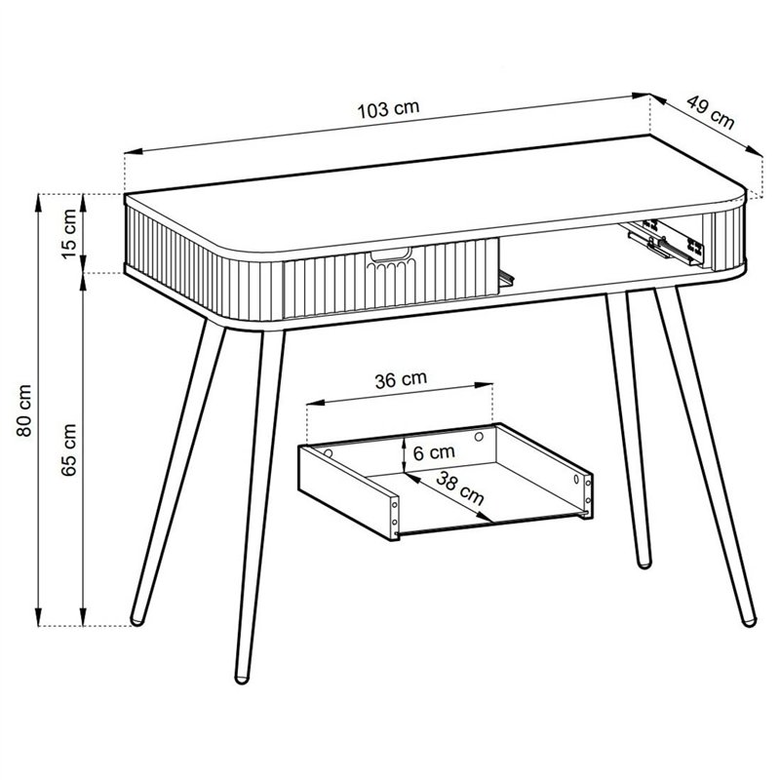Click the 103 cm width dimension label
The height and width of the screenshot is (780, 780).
[x=388, y=109]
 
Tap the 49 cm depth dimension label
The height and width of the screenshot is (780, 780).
[x=711, y=112]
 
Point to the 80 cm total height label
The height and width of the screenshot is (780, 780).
[x=23, y=410]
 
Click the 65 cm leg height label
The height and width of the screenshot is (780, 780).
[x=68, y=449]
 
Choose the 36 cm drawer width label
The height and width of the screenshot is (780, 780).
[x=401, y=379]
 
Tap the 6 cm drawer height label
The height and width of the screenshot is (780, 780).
[x=434, y=452]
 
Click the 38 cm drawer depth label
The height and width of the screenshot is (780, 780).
[x=460, y=487]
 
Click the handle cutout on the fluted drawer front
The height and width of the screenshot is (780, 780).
[x=390, y=255]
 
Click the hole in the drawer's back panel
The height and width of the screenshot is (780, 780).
[x=479, y=437]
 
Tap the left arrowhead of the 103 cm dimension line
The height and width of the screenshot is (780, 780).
[x=134, y=152]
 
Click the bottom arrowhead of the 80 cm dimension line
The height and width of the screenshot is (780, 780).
[x=38, y=616]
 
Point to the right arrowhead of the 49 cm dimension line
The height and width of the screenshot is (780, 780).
[x=755, y=151]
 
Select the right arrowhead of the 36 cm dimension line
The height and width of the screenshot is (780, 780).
[x=484, y=385]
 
